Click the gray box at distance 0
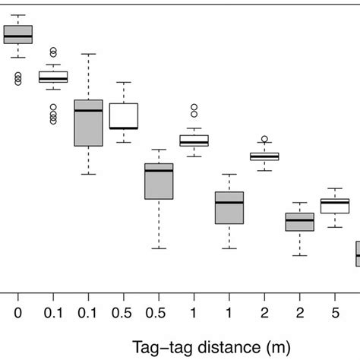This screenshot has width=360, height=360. (18, 34)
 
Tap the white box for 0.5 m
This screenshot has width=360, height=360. (123, 115)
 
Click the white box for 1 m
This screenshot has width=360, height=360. (194, 141)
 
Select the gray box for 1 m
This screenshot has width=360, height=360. (229, 208)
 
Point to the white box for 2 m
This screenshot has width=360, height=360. (264, 156)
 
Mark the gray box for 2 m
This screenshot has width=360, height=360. (299, 222)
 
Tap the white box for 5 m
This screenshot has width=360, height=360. (334, 206)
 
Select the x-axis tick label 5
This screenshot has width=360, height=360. (334, 312)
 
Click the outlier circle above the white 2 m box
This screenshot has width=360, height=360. (264, 139)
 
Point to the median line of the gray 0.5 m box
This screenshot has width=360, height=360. (159, 171)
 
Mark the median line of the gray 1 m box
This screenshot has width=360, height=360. (229, 203)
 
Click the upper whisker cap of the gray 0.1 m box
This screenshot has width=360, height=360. (88, 54)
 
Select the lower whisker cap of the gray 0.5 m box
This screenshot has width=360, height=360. (159, 248)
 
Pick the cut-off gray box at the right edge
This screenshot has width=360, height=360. (357, 254)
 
